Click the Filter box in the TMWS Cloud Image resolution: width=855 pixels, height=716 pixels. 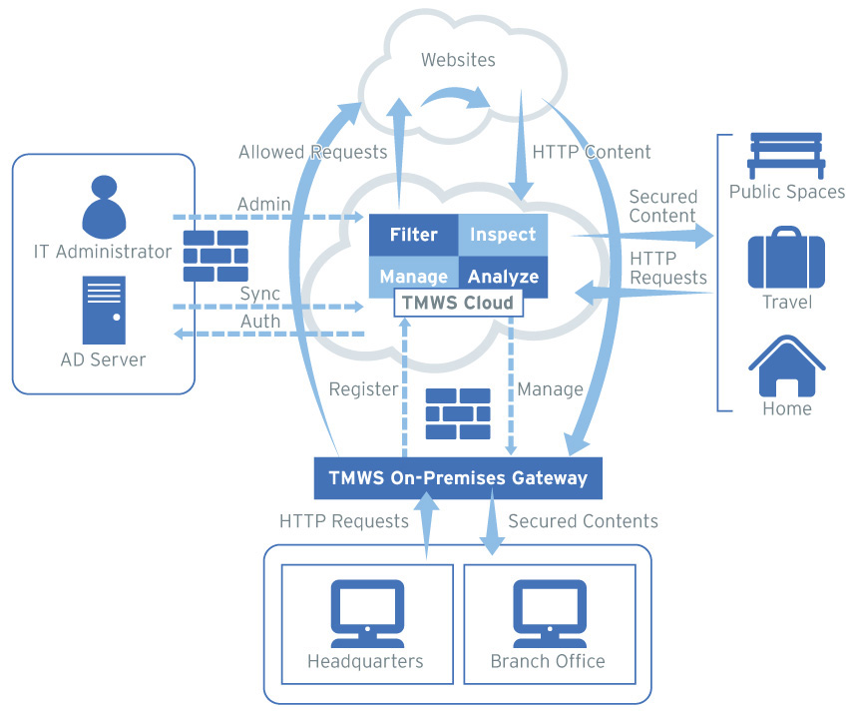click(x=413, y=235)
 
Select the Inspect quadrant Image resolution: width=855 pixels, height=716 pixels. click(x=503, y=235)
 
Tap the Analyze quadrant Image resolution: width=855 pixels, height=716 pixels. click(x=503, y=277)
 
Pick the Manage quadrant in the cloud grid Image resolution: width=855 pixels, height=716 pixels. click(x=413, y=277)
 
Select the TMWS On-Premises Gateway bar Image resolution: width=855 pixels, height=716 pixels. click(x=458, y=478)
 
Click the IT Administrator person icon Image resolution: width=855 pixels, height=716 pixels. click(x=104, y=205)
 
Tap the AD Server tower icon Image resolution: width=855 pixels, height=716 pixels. click(x=104, y=311)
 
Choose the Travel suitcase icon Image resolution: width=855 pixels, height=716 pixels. click(x=786, y=258)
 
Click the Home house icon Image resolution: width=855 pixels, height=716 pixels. click(x=786, y=366)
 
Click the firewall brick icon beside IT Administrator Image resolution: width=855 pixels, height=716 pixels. click(x=215, y=256)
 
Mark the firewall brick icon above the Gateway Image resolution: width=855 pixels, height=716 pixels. click(x=458, y=413)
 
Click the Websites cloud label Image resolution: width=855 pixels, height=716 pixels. click(x=458, y=60)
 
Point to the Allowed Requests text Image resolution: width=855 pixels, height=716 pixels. click(x=312, y=153)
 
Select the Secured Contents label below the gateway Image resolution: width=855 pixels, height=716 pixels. click(x=583, y=521)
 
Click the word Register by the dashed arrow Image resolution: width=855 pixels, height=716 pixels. click(x=363, y=389)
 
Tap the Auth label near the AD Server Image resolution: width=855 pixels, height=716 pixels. click(x=260, y=322)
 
